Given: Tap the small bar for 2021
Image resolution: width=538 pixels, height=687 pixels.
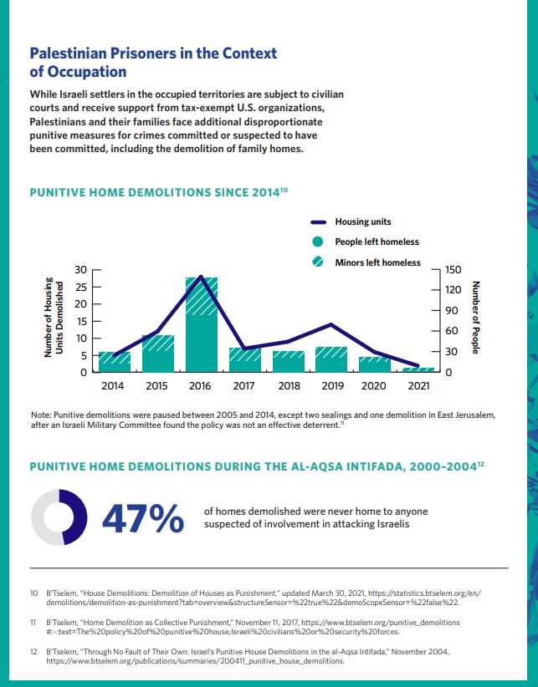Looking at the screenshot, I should (419, 369).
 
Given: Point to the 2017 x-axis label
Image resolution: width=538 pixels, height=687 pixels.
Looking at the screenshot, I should (243, 387).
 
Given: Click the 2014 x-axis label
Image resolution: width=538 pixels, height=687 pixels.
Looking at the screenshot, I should (112, 387).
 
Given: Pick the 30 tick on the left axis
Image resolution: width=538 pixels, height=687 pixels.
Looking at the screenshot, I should (81, 270).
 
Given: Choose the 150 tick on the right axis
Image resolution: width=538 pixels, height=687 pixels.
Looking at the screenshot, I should (453, 270).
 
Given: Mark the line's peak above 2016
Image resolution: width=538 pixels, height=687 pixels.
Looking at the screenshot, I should (201, 276).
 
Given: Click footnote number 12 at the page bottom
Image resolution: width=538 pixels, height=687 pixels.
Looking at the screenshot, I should (34, 649).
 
